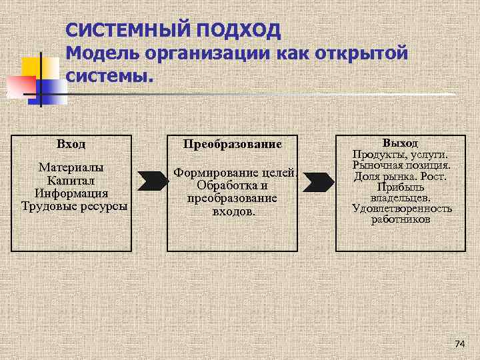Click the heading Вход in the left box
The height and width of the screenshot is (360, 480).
pos(71,144)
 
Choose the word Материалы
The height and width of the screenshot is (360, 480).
pos(71,167)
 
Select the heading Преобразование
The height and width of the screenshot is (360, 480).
pos(232,144)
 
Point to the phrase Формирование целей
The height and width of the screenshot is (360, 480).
pos(235,173)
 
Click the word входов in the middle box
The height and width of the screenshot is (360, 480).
pos(233,212)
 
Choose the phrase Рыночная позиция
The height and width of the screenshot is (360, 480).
pos(401,165)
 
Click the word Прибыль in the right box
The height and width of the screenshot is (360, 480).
pos(401,187)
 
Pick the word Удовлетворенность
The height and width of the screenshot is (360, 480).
pos(401,209)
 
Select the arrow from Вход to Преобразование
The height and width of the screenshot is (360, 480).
pos(153,180)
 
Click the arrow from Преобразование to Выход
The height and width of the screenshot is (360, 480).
pos(319,180)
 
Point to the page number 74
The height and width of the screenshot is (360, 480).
pos(459,344)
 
